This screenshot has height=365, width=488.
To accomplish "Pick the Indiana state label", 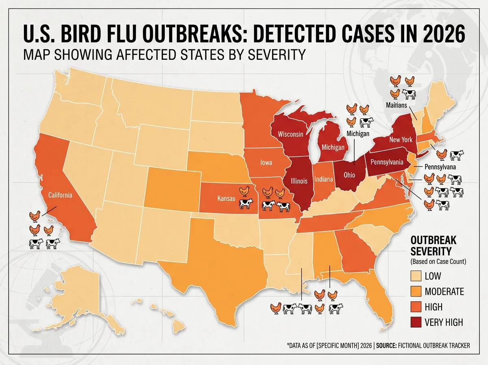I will [324, 179].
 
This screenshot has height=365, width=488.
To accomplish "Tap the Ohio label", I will [349, 175].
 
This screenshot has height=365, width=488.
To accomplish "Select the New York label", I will [401, 140].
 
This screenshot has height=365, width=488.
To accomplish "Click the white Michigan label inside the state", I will [333, 147].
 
